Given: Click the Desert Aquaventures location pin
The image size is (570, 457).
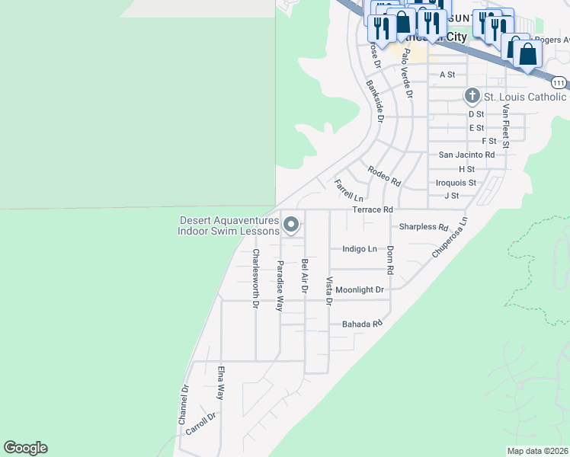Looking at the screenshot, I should point(291,225).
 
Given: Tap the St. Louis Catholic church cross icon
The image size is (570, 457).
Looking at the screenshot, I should point(472,96).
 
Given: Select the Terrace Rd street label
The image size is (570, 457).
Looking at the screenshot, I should point(372,209).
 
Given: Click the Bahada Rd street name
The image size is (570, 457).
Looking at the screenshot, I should point(361,324).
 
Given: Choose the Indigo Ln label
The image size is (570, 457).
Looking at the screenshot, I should point(360,249).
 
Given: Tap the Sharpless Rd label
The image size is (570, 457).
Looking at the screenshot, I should point(423,227).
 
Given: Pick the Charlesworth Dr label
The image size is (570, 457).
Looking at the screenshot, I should point(256,279).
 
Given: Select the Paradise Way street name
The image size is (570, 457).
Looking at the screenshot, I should point(280,286).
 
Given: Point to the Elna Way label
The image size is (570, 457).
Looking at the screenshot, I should point(221,383).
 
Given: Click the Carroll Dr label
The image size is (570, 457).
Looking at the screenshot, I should point(201,423).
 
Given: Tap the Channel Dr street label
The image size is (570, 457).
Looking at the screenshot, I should point(183,404).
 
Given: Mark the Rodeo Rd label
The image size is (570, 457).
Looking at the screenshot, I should point(383,177).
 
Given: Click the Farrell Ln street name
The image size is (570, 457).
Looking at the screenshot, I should point(347,190).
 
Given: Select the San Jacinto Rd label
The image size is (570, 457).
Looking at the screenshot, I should point(466,155).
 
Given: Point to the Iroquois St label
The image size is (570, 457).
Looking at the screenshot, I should point(456,183).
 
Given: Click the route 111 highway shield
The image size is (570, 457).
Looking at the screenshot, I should point(559,82).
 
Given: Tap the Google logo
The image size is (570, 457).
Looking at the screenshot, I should point(25,448).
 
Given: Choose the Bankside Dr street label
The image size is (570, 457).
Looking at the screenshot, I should point(374,101).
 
